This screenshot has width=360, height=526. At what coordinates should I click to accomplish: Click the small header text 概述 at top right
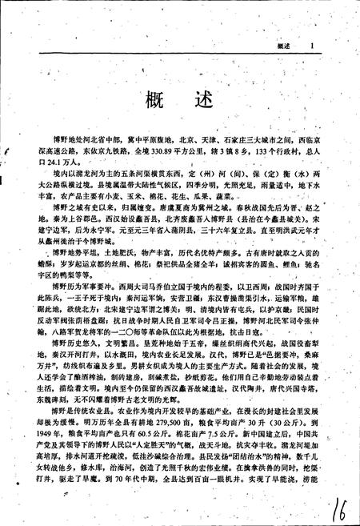pyautogui.click(x=282, y=47)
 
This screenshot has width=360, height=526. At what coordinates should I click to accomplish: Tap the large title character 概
pyautogui.click(x=154, y=103)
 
